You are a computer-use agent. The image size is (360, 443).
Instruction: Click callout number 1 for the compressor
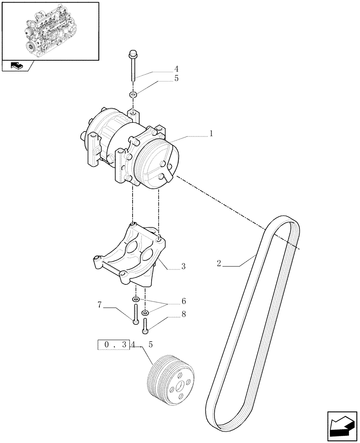point(211,133)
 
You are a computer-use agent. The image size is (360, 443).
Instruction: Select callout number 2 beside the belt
point(219,264)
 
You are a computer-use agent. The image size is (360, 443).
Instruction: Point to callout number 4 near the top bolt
point(176,69)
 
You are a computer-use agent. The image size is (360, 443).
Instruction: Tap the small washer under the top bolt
point(133,94)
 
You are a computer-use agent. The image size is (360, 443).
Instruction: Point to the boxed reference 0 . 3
point(113,344)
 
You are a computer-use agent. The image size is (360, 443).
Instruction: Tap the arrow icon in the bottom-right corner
point(341,426)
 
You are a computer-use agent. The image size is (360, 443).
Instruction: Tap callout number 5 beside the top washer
point(176,79)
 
